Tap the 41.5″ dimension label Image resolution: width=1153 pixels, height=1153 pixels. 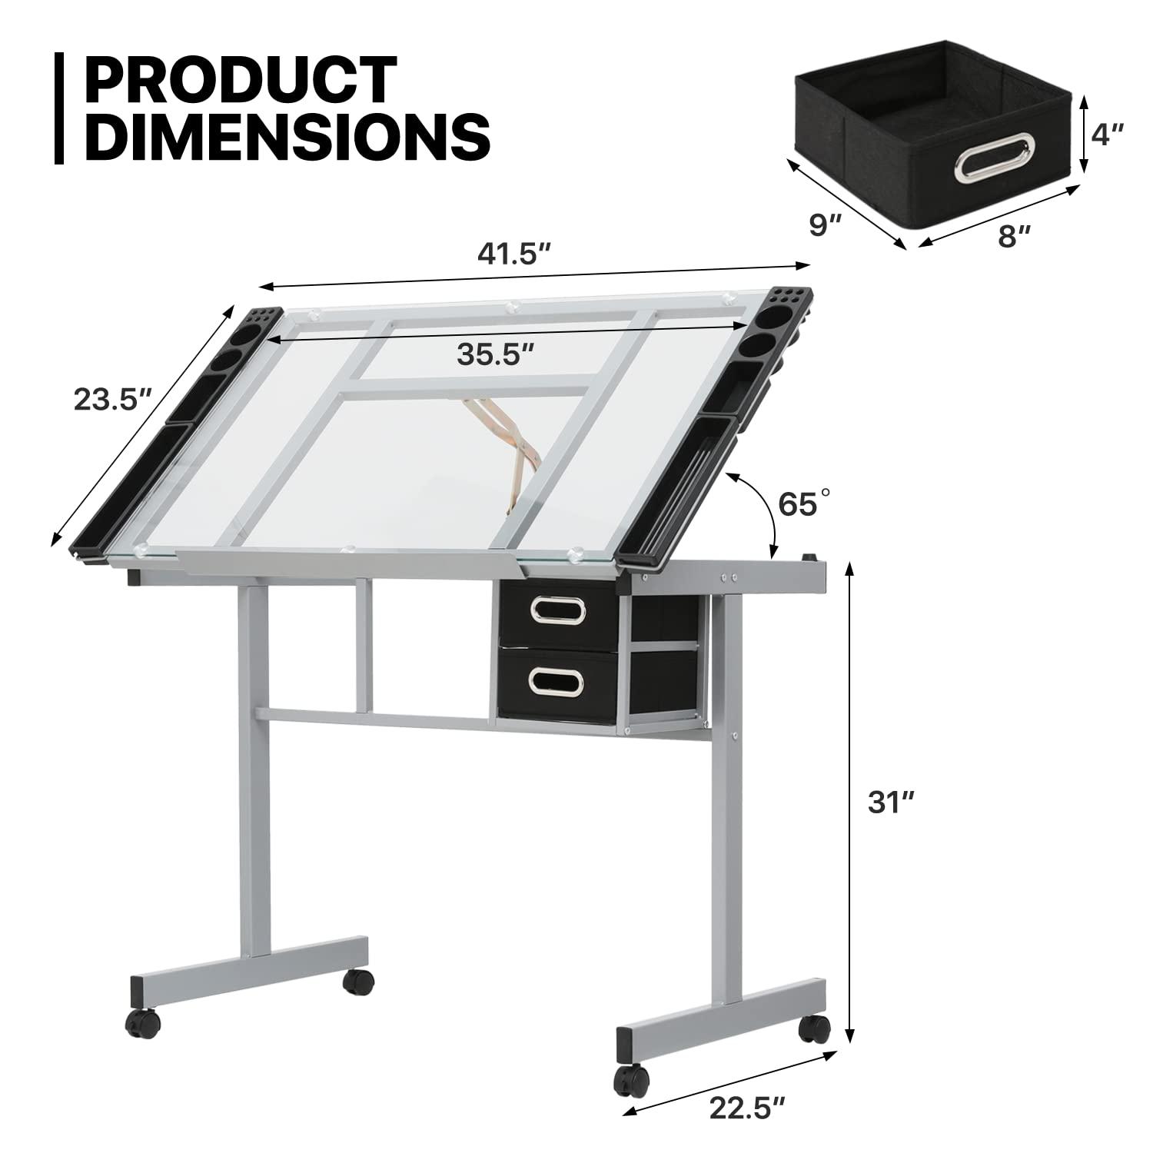click(515, 254)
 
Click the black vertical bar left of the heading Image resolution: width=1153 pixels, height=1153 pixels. click(59, 108)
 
